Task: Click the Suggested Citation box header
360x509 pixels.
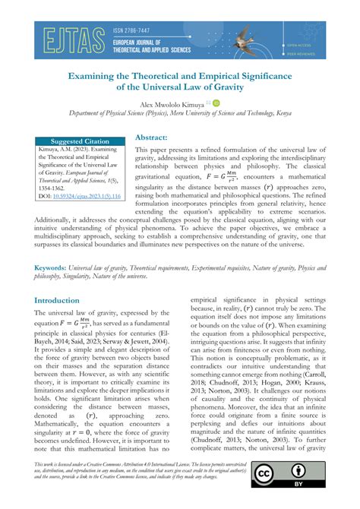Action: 80,142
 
